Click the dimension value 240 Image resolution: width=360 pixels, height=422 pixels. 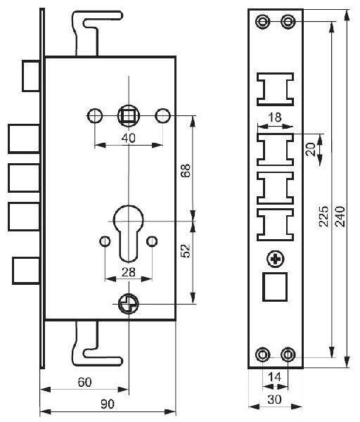click(340, 217)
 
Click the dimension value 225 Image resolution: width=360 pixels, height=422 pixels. click(324, 217)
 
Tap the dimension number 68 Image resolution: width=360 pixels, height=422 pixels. click(186, 170)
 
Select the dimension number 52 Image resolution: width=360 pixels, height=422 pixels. click(186, 251)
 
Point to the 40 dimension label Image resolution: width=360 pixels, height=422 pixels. click(129, 138)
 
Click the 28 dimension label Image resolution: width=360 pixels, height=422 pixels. click(129, 272)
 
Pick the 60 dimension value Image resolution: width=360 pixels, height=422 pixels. click(84, 382)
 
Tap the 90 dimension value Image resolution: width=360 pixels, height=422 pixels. click(108, 404)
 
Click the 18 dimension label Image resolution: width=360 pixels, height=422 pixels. click(275, 117)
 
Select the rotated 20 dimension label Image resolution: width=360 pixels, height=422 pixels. click(311, 149)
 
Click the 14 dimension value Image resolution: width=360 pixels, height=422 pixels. click(275, 377)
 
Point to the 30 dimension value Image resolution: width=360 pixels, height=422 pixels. click(275, 399)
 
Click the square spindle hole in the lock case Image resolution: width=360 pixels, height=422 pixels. click(129, 116)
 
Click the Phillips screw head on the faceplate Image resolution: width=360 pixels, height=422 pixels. click(275, 260)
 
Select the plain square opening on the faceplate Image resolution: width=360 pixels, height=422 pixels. click(275, 287)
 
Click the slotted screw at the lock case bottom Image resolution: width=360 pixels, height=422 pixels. click(129, 304)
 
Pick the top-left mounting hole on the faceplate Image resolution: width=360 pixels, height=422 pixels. click(262, 21)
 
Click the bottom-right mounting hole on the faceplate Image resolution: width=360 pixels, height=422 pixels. click(288, 354)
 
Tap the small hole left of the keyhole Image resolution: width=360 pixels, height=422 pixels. click(105, 241)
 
